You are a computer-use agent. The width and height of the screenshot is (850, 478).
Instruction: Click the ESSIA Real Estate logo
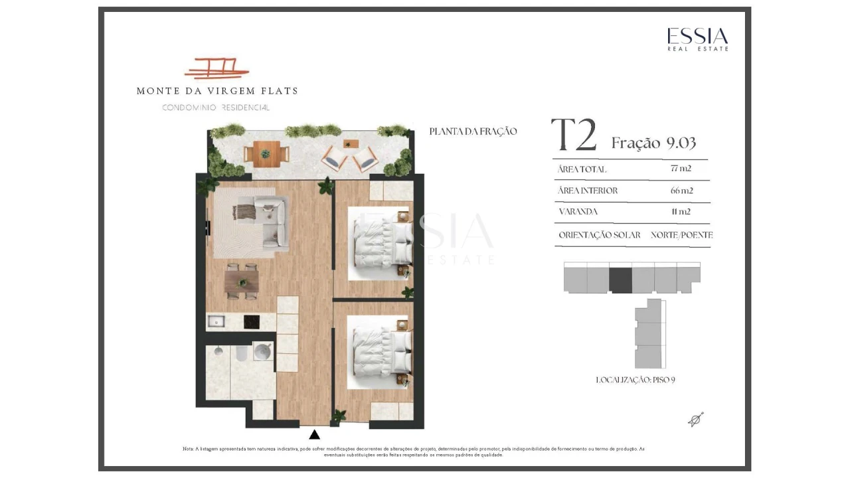pos(698,39)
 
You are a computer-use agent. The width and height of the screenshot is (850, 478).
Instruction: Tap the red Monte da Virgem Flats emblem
pos(216,68)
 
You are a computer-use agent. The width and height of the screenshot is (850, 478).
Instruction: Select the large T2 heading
pos(574,135)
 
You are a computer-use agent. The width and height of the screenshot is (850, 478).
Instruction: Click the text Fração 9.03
pos(653,143)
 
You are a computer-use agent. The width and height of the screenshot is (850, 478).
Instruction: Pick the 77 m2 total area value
pos(681,169)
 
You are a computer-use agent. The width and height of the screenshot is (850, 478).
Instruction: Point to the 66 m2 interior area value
pos(681,191)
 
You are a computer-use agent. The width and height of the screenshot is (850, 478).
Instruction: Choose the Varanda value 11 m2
pos(681,212)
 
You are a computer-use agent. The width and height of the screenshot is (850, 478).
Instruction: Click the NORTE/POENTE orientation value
pos(681,235)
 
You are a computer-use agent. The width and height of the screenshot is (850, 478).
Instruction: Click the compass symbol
pos(695,420)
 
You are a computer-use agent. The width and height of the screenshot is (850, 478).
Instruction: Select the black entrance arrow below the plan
pos(314,434)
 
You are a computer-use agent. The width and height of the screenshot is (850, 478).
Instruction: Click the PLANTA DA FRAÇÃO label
pos(473,131)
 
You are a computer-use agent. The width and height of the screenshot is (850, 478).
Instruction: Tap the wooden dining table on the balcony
pos(266,154)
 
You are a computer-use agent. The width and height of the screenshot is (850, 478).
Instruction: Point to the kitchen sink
pos(216,322)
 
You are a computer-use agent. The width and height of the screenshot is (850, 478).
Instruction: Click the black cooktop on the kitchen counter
pos(252,322)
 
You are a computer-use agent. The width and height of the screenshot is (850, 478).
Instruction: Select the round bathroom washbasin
pos(262,351)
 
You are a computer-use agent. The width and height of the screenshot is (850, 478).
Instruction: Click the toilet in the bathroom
pos(241,353)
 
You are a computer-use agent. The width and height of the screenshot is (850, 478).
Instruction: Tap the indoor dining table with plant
pos(242,282)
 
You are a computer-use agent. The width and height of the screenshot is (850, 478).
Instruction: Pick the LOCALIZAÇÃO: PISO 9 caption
pos(636,380)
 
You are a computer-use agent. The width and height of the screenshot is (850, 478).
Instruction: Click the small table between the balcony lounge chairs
pos(351,144)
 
